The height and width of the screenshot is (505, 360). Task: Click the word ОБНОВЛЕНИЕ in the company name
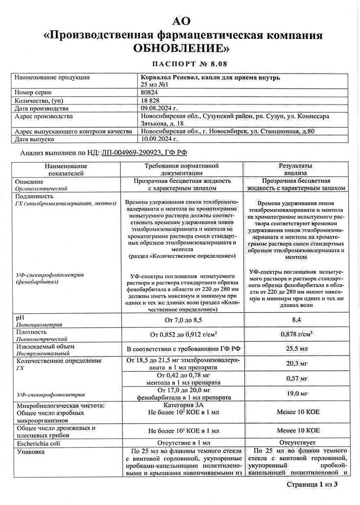[x=180, y=48]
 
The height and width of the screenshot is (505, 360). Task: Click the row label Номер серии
[x=34, y=92]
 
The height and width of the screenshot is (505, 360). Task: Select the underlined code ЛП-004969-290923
[x=132, y=153]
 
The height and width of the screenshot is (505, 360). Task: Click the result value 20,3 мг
[x=296, y=365]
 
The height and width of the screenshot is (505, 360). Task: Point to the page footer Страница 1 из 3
[x=312, y=485]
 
